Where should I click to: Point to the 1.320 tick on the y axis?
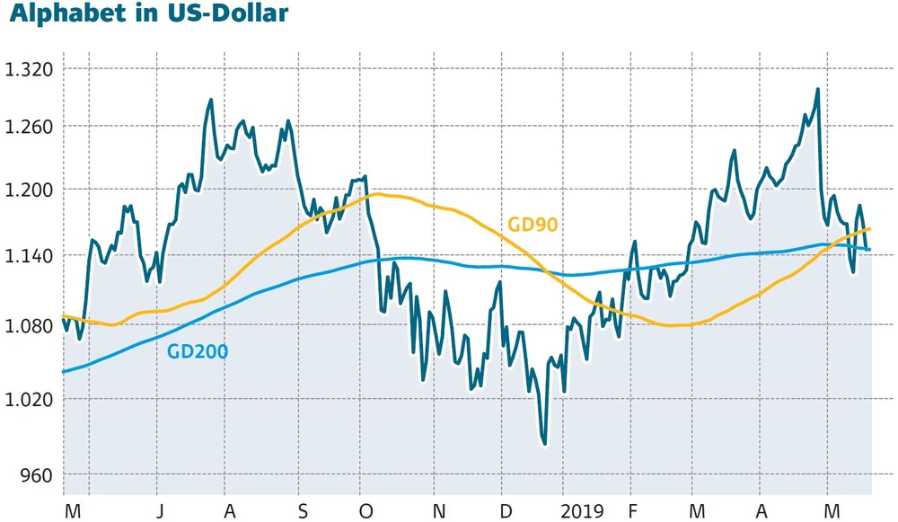point(29,69)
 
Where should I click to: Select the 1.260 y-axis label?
point(29,127)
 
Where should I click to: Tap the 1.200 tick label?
point(29,190)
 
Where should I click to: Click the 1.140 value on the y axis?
point(29,256)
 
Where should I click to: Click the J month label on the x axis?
point(157,510)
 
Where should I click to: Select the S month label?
point(303,510)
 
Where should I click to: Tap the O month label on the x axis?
point(365,510)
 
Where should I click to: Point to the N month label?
point(439,510)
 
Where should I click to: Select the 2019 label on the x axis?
point(581,510)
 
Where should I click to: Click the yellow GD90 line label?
point(533,225)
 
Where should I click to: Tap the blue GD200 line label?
point(198,351)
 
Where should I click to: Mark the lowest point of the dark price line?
point(544,443)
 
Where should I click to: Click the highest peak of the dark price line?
point(817,89)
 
